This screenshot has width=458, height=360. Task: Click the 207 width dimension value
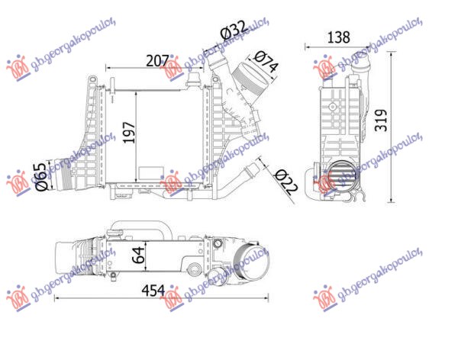[x=156, y=59]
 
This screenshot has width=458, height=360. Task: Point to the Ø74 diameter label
[x=265, y=62]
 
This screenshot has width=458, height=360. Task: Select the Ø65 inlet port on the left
[x=62, y=173]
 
